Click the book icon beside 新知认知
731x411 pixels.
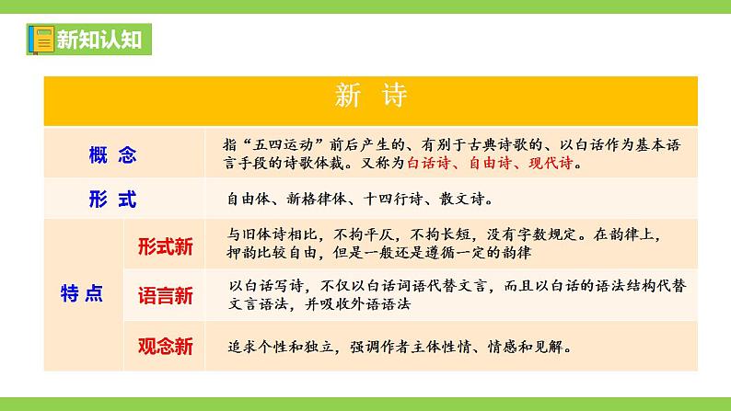click(x=40, y=40)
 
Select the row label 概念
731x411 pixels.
click(x=113, y=154)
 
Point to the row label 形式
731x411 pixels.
click(x=113, y=197)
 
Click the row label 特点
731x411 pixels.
click(x=81, y=294)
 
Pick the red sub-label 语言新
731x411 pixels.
click(x=166, y=295)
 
